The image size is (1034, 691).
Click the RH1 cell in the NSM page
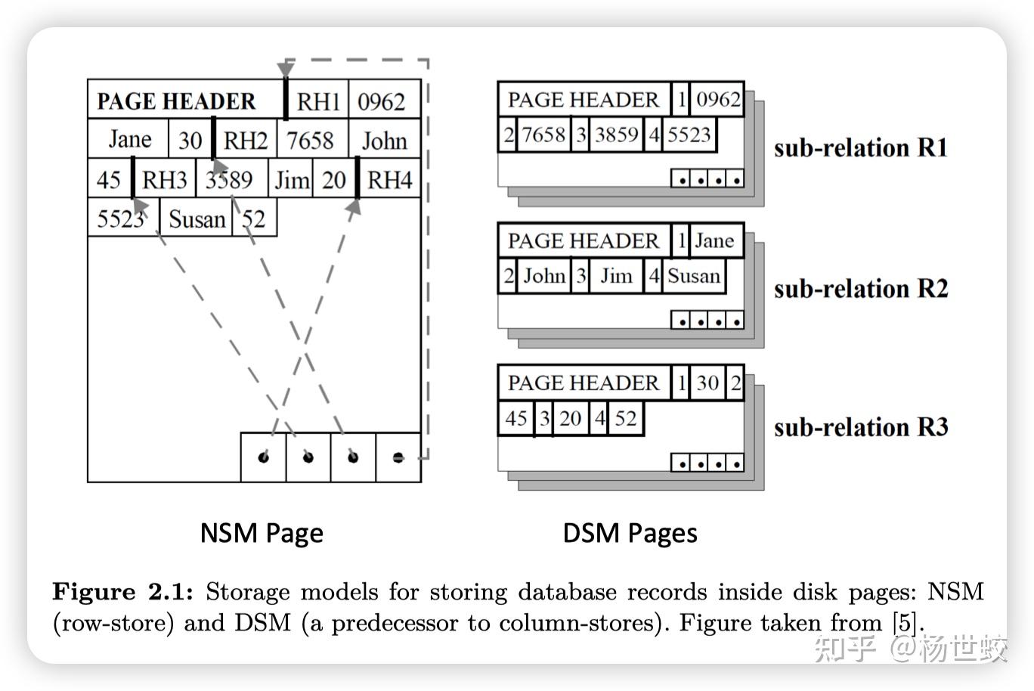click(317, 101)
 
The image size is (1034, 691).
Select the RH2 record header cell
click(246, 141)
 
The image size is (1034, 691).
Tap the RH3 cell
click(164, 180)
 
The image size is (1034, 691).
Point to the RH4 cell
click(389, 180)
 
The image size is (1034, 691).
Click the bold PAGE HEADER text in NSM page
click(176, 101)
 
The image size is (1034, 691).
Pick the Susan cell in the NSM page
click(197, 219)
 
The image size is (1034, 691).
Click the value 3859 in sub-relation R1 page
click(616, 135)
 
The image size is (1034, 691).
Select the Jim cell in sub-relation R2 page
click(616, 276)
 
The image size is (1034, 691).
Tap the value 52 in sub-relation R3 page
click(625, 418)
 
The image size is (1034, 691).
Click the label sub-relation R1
click(860, 147)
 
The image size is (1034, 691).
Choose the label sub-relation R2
click(860, 289)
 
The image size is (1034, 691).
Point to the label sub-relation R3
click(860, 427)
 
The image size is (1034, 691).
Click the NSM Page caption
click(262, 533)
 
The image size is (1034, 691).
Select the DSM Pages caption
click(630, 533)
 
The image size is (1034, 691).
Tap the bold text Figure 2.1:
click(122, 592)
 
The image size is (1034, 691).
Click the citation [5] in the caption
click(905, 623)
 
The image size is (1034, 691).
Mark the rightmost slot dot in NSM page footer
click(398, 457)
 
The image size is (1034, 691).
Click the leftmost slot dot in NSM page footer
click(263, 457)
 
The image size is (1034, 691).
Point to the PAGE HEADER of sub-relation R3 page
click(583, 383)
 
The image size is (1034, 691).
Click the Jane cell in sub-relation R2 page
click(714, 240)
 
